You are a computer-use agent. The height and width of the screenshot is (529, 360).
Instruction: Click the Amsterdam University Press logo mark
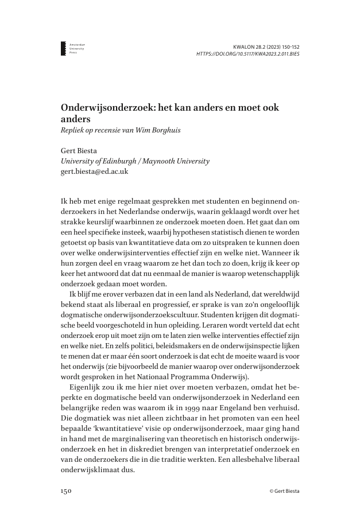click(63, 48)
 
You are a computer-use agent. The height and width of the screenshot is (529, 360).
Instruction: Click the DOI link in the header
click(247, 54)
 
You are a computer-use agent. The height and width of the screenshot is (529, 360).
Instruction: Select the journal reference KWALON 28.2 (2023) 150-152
click(266, 46)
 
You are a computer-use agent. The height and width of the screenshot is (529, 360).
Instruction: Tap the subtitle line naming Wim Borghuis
click(121, 130)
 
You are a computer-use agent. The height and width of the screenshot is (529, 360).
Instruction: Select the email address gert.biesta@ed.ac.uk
click(94, 171)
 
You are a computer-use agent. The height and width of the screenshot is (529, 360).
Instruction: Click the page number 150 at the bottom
click(66, 491)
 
